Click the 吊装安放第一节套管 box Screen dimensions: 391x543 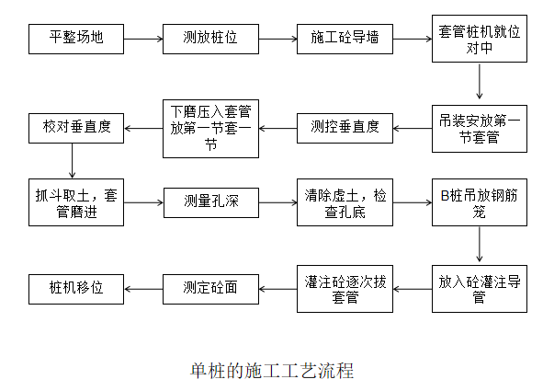pos(478,128)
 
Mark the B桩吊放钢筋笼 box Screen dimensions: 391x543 pos(478,201)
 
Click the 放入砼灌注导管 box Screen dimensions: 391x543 pos(478,288)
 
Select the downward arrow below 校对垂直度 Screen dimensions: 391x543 pos(71,163)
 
